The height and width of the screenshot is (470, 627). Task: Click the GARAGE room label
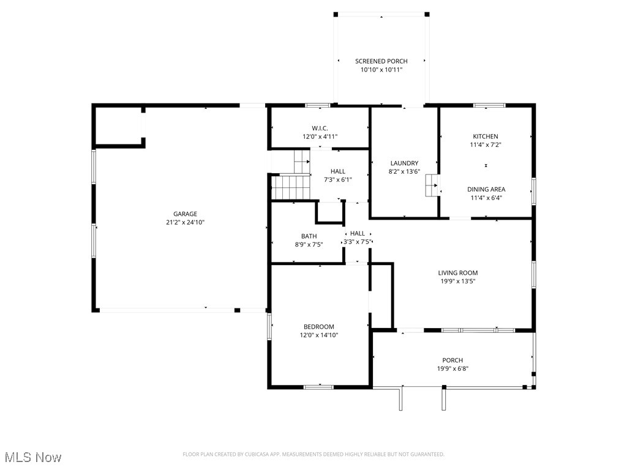[x=185, y=214]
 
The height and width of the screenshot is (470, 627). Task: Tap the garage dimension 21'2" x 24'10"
[x=185, y=223]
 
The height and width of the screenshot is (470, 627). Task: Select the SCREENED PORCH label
[x=381, y=61]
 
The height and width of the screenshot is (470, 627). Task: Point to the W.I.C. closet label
[x=320, y=128]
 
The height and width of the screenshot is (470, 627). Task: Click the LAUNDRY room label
[x=404, y=163]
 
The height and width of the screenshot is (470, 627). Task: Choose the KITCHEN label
[x=485, y=136]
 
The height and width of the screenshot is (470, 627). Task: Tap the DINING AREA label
[x=486, y=189]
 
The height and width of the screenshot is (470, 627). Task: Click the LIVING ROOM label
[x=457, y=273]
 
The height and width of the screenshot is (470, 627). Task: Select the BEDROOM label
[x=319, y=326]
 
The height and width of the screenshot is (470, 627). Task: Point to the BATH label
[x=309, y=236]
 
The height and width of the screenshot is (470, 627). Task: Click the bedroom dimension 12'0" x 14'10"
[x=319, y=335]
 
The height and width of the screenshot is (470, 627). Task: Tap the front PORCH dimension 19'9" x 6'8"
[x=452, y=369]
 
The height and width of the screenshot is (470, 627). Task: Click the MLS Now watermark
[x=33, y=457]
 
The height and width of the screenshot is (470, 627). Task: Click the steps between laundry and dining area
[x=433, y=185]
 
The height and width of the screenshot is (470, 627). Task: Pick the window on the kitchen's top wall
[x=489, y=105]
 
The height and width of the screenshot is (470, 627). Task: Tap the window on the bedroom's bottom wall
[x=318, y=387]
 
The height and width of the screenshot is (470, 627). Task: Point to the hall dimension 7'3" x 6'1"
[x=338, y=180]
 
